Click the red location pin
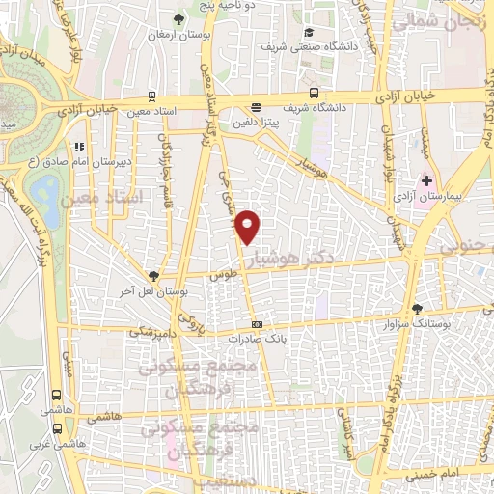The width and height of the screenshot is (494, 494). pos(248,226)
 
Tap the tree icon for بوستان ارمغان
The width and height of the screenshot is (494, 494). pos(178,19)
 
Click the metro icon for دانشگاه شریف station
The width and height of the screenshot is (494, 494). pos(316,94)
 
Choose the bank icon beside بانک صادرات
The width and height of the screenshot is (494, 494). pos(256,324)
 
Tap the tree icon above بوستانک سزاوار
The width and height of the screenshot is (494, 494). pos(417,309)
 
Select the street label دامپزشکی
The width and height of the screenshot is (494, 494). pos(151,331)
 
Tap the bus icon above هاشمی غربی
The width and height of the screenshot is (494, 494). pos(57,430)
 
